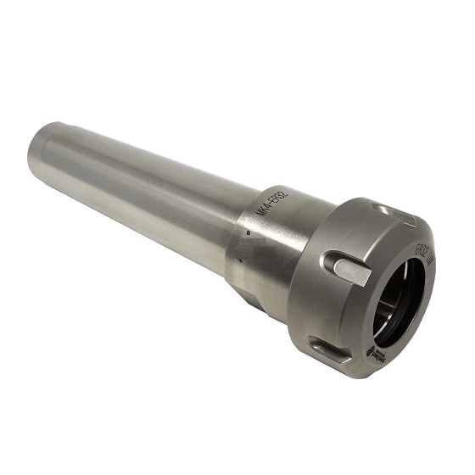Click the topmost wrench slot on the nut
coord(392,211)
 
